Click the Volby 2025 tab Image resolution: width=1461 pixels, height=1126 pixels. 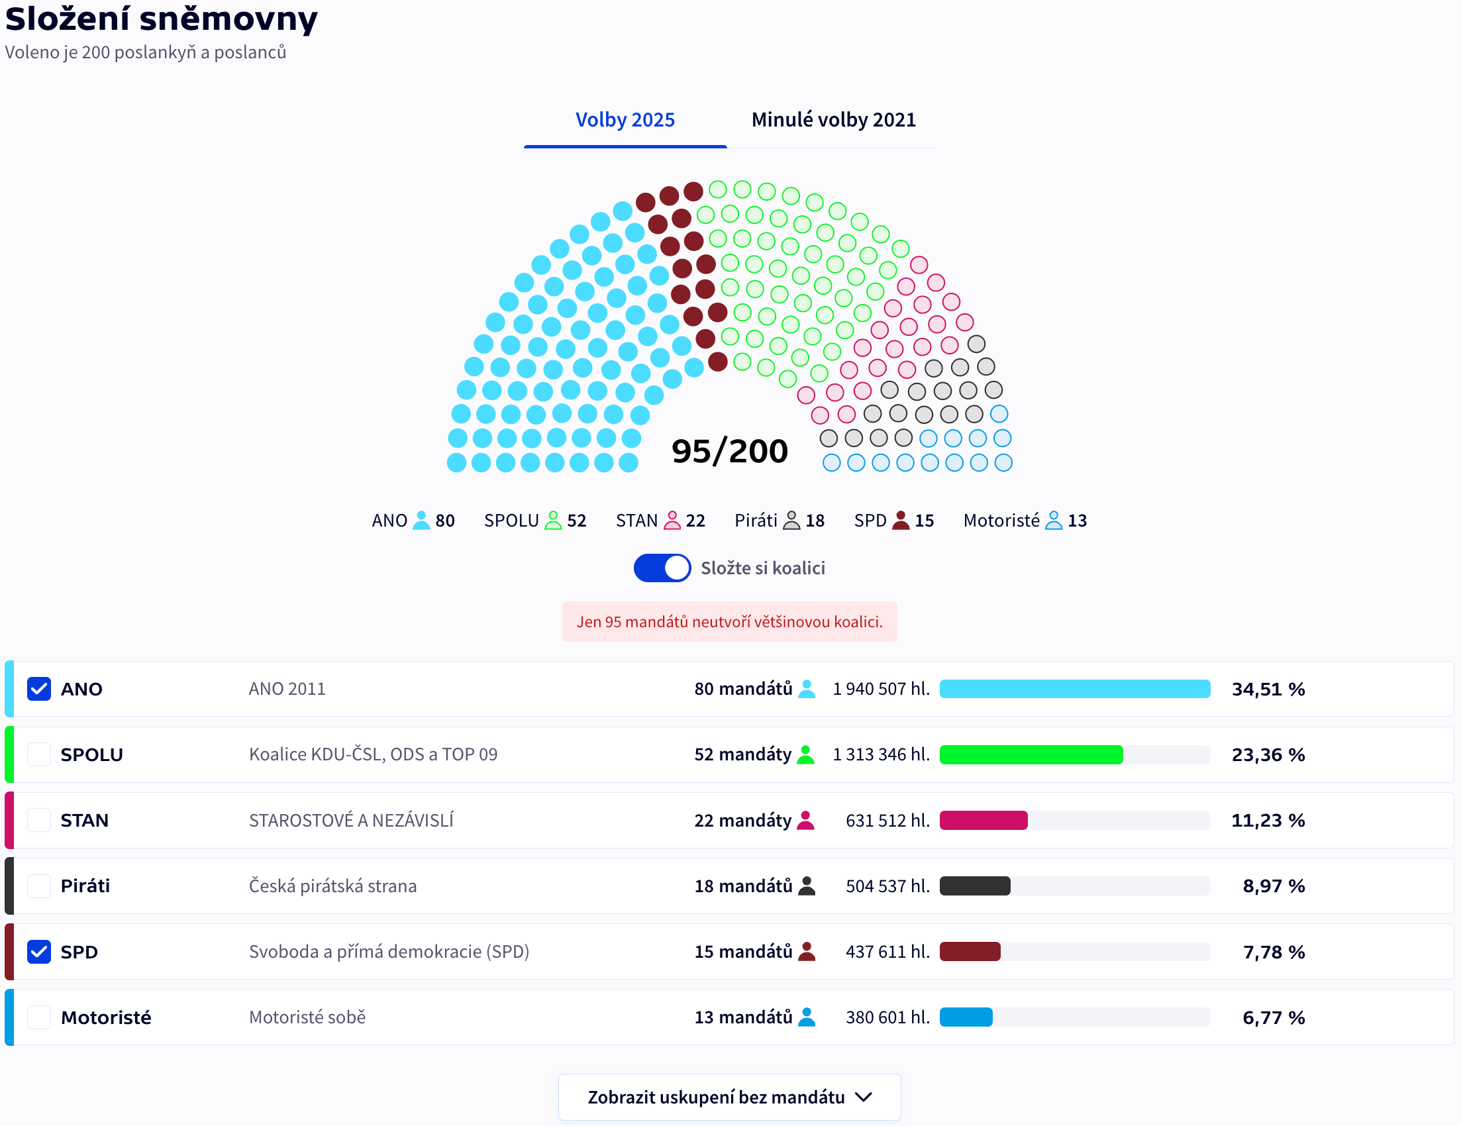click(625, 120)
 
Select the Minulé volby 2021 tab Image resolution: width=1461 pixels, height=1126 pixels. click(833, 120)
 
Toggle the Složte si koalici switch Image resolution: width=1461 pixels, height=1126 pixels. click(662, 568)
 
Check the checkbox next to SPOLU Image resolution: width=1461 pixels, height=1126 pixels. click(39, 754)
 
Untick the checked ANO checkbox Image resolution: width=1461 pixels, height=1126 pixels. click(39, 688)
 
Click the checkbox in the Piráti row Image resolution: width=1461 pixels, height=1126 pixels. click(39, 886)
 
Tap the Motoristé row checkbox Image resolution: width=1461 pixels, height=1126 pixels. click(39, 1017)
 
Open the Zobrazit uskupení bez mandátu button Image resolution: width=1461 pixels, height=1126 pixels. click(729, 1098)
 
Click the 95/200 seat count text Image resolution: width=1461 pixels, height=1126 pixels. click(729, 451)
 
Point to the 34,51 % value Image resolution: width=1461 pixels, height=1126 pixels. click(1268, 689)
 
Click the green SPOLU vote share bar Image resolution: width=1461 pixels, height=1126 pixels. click(1031, 754)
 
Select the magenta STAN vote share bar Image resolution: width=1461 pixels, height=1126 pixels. click(983, 820)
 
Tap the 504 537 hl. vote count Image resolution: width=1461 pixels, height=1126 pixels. click(887, 886)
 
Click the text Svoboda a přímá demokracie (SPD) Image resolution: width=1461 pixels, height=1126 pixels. click(389, 951)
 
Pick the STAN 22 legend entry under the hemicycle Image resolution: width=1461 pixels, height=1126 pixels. click(660, 521)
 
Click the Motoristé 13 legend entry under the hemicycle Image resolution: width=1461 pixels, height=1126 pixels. click(1025, 521)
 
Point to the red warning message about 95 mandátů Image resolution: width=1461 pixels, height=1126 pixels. click(729, 621)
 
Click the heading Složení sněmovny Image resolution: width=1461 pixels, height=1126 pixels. click(161, 19)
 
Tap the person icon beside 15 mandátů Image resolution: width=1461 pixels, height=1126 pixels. click(807, 951)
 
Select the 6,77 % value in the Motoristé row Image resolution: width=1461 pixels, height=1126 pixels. click(1273, 1017)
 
